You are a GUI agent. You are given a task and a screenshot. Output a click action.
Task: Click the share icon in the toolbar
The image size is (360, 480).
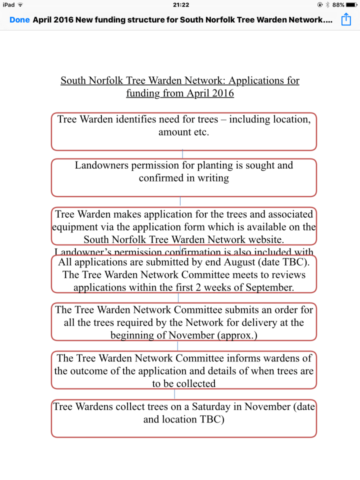(346, 19)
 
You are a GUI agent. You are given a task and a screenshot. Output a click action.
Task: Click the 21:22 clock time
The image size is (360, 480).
(180, 4)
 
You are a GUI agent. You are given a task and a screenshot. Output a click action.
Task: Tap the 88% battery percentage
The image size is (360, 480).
(338, 4)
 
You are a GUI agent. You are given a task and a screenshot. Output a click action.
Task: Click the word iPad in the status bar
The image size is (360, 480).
(8, 4)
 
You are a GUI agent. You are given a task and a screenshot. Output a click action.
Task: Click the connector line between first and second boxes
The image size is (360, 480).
(182, 154)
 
